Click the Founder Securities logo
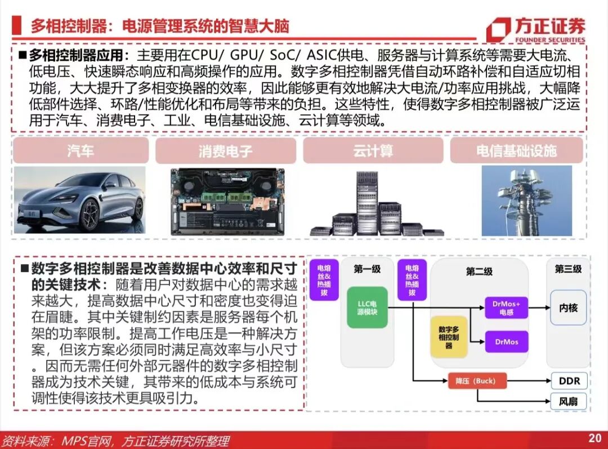(535, 29)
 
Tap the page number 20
(595, 438)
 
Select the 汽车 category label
(81, 151)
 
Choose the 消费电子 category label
(225, 151)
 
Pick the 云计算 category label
(373, 151)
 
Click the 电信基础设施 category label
(516, 151)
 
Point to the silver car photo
(79, 200)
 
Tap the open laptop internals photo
(227, 201)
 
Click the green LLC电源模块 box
(367, 308)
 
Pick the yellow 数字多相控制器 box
(449, 337)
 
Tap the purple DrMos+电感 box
(506, 308)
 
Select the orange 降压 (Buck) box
(477, 381)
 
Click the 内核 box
(568, 308)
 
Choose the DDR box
(569, 381)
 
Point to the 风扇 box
(569, 401)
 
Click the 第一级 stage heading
(367, 269)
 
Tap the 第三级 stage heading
(568, 269)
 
